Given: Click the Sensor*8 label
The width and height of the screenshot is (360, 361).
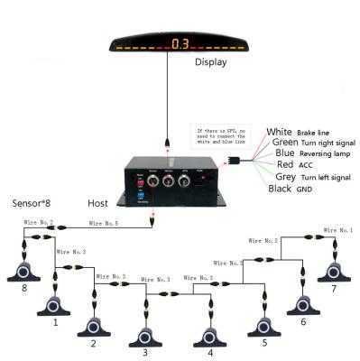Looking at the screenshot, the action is pyautogui.click(x=32, y=204).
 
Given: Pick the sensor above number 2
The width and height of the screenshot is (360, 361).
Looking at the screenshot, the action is pyautogui.click(x=92, y=326).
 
